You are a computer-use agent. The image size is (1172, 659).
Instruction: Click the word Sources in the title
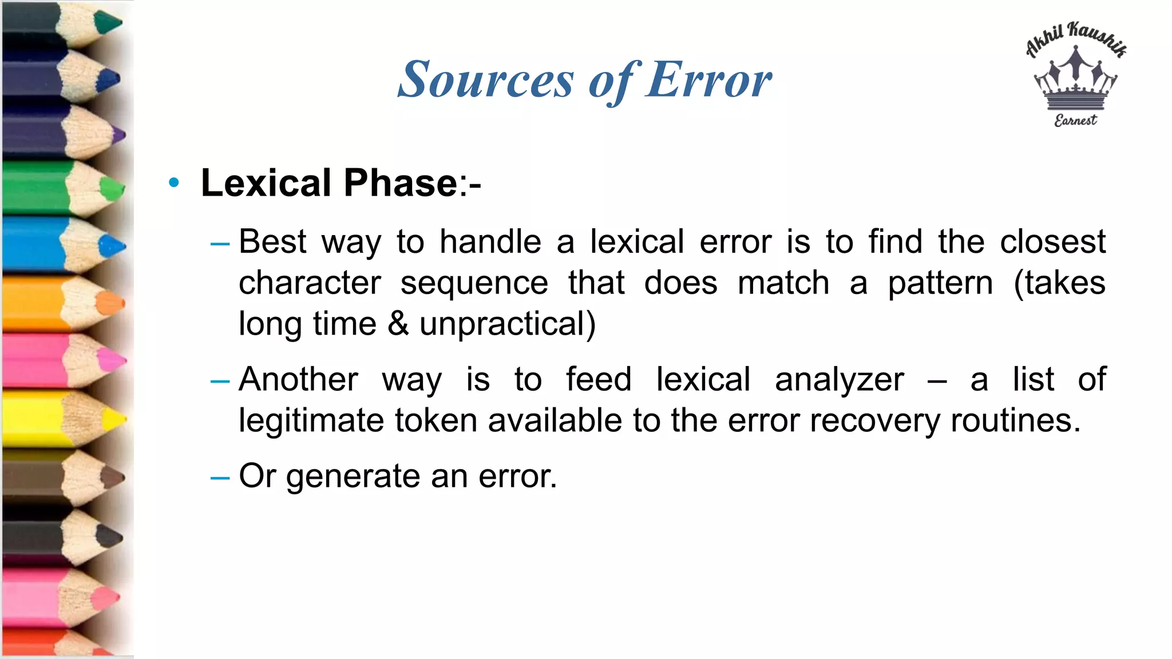pos(485,80)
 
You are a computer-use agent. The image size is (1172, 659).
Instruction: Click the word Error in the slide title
pos(709,80)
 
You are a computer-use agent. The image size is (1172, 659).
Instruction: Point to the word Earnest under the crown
pos(1076,120)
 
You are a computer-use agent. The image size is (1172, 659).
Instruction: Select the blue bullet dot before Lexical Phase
pos(174,183)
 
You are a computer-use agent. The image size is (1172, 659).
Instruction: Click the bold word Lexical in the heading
pos(266,183)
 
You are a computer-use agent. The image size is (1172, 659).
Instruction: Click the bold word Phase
pos(400,183)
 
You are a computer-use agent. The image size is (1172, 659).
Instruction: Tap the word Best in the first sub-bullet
pos(272,241)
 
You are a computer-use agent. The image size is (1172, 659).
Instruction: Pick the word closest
pos(1052,241)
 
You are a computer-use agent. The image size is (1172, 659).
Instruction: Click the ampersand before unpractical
pos(398,324)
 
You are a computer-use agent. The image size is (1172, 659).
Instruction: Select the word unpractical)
pos(508,324)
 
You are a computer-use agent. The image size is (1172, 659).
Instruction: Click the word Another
pos(299,379)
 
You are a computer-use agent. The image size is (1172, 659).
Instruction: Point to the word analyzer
pos(840,379)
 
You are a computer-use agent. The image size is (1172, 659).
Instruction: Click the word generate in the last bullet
pos(353,476)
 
